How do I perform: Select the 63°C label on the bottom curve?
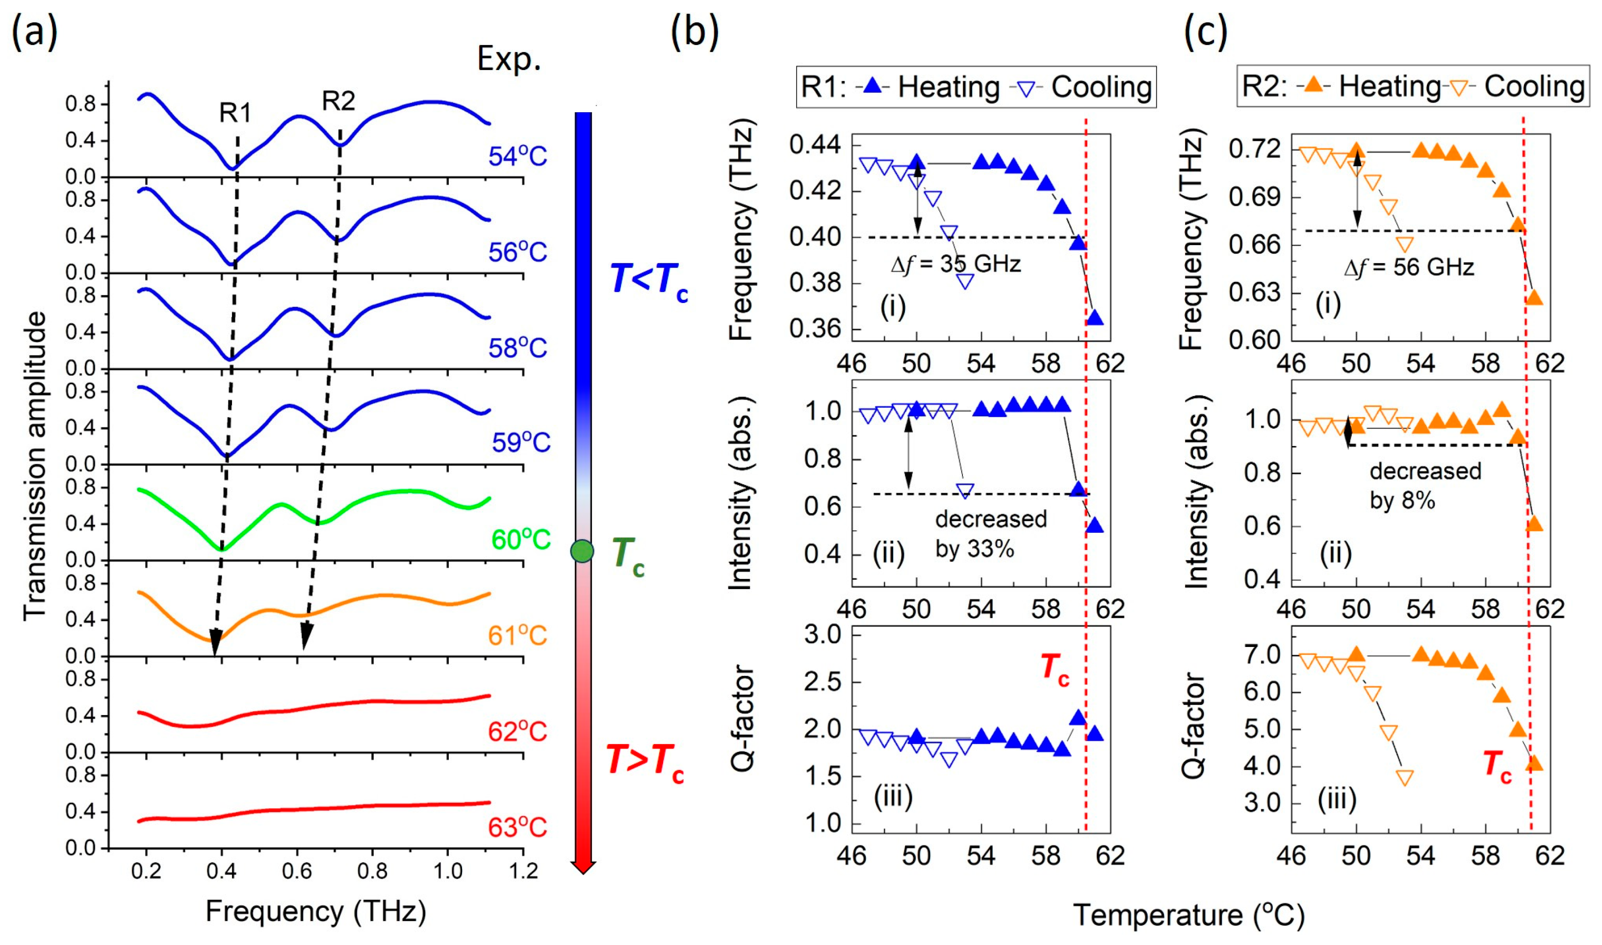tap(517, 828)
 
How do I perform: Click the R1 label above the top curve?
tap(235, 113)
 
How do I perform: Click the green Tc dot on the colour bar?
tap(582, 551)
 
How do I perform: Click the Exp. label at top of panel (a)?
tap(509, 59)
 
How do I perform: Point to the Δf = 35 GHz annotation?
tap(956, 264)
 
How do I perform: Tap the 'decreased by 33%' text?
tap(991, 533)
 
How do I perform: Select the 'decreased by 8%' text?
tap(1425, 486)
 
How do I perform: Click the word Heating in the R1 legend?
tap(949, 87)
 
